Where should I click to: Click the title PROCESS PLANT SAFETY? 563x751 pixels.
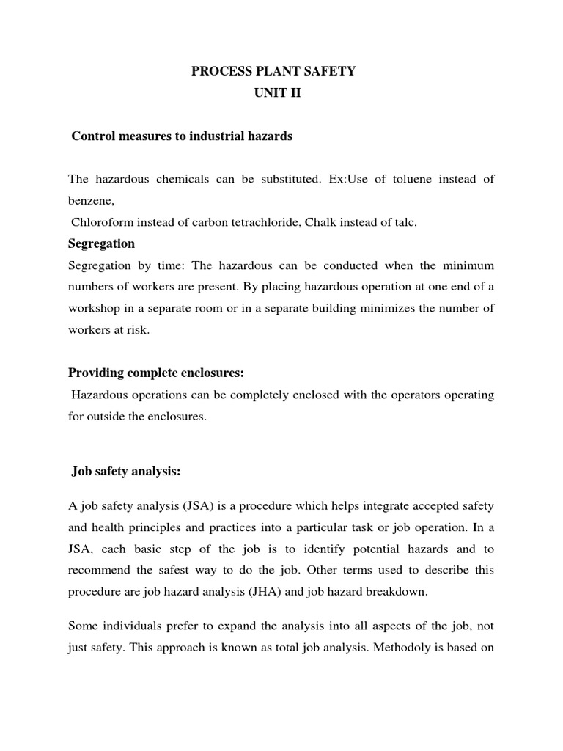tap(273, 71)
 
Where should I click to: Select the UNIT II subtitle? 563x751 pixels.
tap(274, 94)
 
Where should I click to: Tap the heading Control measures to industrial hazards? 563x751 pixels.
tap(182, 136)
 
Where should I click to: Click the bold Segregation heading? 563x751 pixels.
tap(101, 243)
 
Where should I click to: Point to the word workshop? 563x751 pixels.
tap(93, 308)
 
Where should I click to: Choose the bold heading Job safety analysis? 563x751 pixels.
tap(126, 472)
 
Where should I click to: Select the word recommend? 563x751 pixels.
tap(96, 570)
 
